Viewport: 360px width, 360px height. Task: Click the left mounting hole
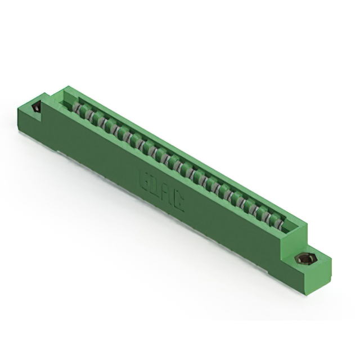[x=38, y=107]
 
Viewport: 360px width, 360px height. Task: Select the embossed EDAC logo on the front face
[x=162, y=191]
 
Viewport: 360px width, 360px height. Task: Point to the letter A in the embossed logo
[x=168, y=194]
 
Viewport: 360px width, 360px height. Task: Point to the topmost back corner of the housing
[x=67, y=87]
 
